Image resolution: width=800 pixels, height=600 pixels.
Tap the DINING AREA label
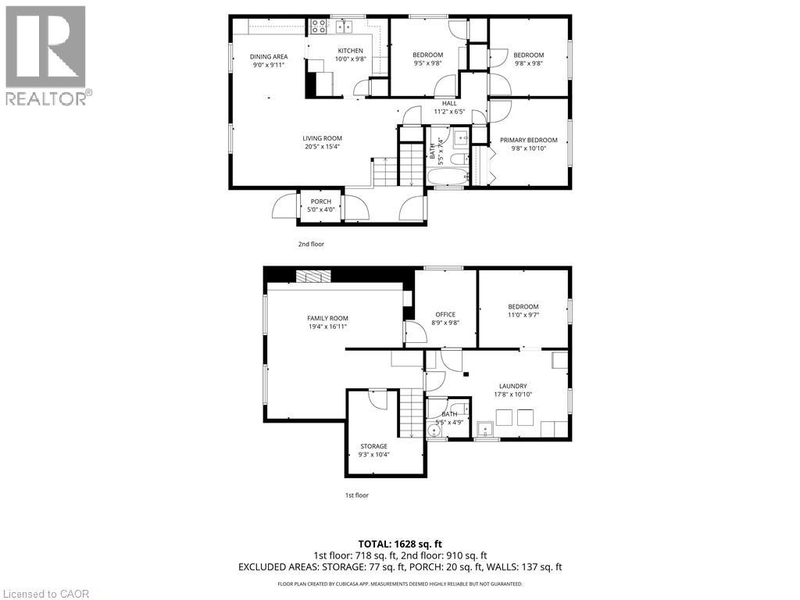pos(269,56)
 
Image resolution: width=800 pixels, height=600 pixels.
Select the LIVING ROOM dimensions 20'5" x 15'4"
pos(323,147)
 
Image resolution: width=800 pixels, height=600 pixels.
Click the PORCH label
pos(321,202)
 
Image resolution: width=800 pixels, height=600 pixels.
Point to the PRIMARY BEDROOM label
pos(529,140)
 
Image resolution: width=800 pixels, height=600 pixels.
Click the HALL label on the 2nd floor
pos(449,103)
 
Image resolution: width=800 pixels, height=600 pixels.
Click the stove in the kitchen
pos(319,27)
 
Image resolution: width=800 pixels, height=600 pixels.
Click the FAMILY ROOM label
pos(327,318)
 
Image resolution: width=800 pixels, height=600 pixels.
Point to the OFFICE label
pos(445,314)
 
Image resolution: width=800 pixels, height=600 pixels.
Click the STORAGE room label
pos(373,446)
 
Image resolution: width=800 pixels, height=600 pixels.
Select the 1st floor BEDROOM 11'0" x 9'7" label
pos(523,307)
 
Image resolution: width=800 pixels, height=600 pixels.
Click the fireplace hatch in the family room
pos(312,275)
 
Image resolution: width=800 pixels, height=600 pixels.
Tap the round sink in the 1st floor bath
pos(435,430)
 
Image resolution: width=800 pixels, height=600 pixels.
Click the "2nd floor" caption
pos(311,244)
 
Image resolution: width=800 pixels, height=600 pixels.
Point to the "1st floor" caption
pos(356,495)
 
